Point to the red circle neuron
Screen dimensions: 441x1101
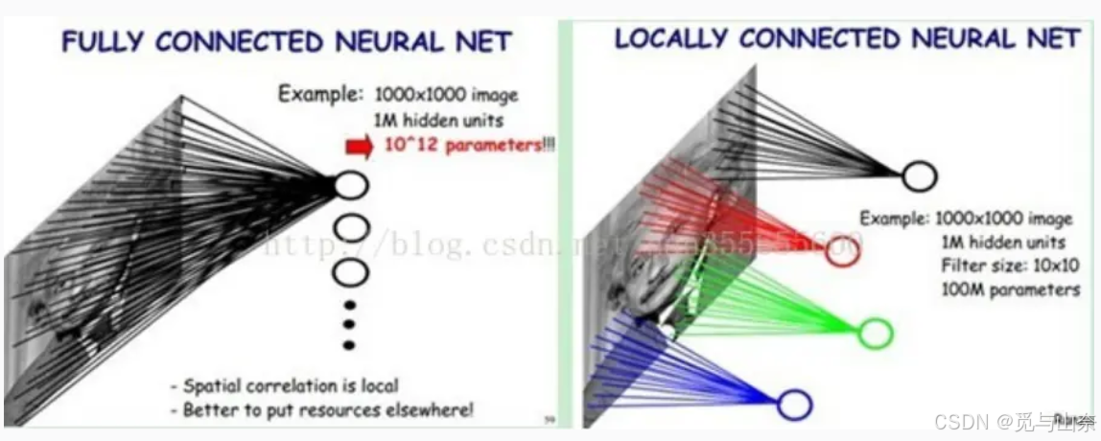point(841,253)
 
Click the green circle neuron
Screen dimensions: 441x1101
point(875,333)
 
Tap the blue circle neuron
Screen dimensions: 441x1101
point(794,405)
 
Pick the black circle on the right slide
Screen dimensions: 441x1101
point(918,175)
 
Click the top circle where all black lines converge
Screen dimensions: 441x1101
point(351,183)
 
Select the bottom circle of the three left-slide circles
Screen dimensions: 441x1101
point(350,271)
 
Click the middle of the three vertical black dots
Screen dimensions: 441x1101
point(349,325)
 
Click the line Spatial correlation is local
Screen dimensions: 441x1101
point(284,386)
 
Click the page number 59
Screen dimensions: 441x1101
point(549,419)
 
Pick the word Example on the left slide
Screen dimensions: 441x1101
point(319,95)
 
